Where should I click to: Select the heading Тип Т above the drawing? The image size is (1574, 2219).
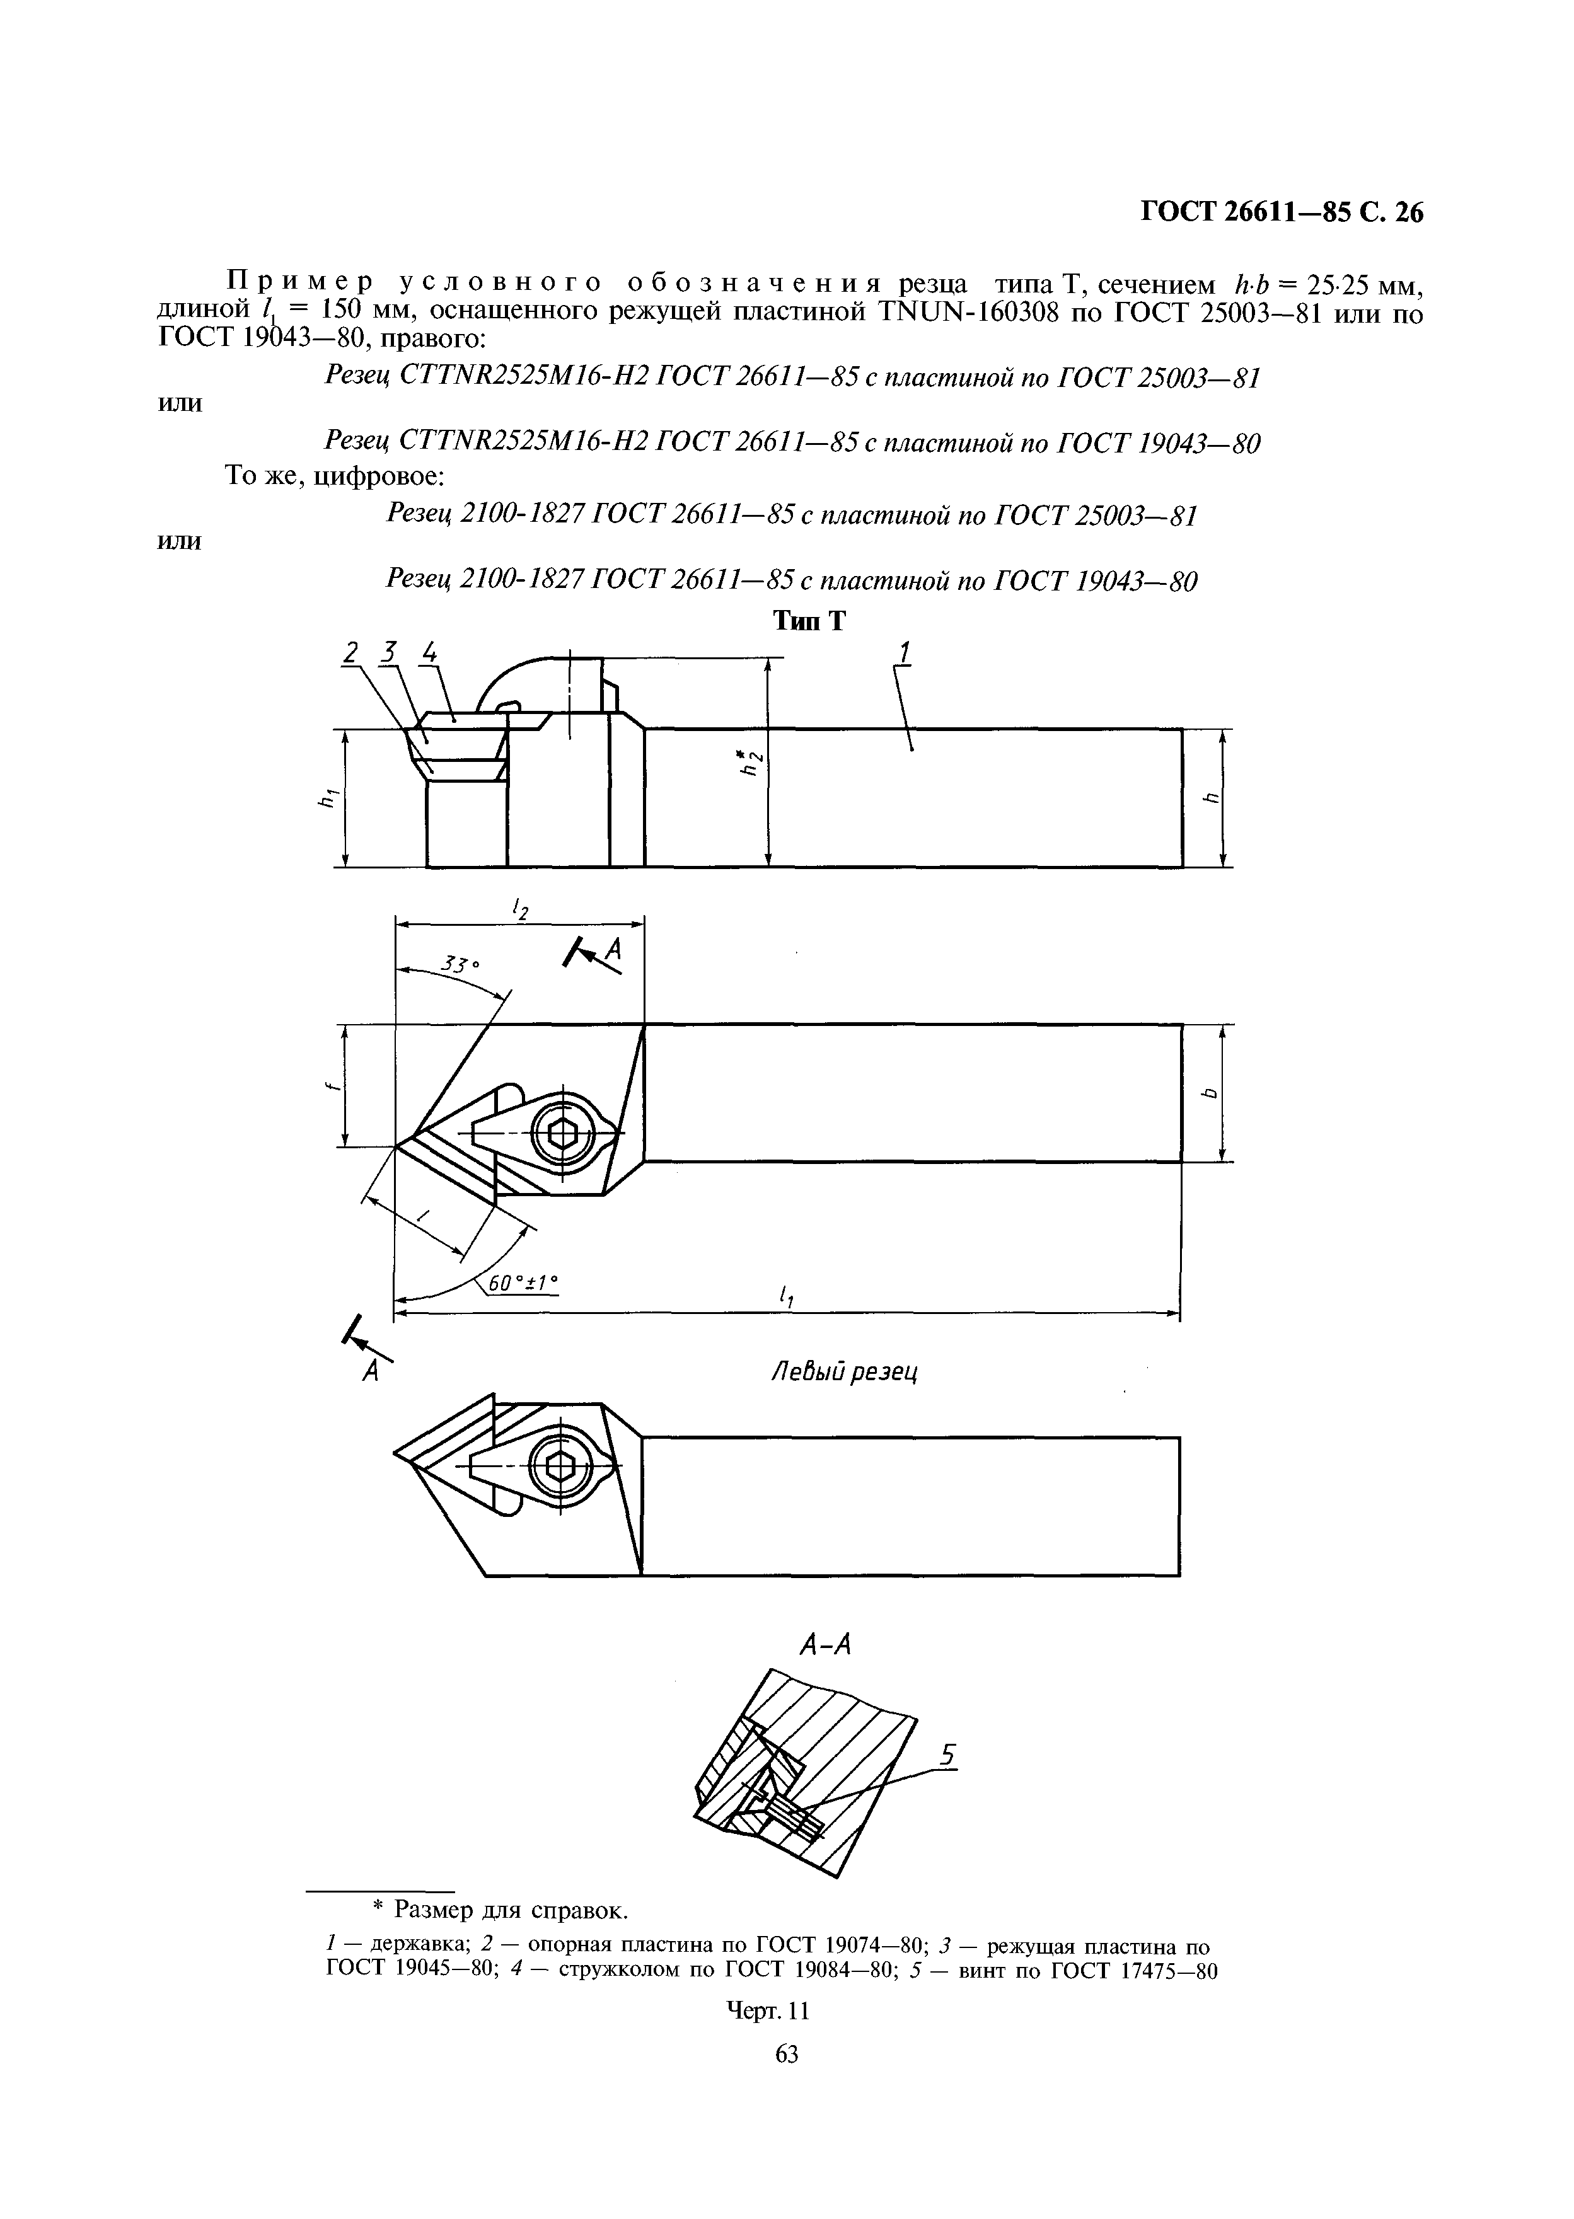coord(808,621)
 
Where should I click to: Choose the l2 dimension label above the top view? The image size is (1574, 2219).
coord(521,909)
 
